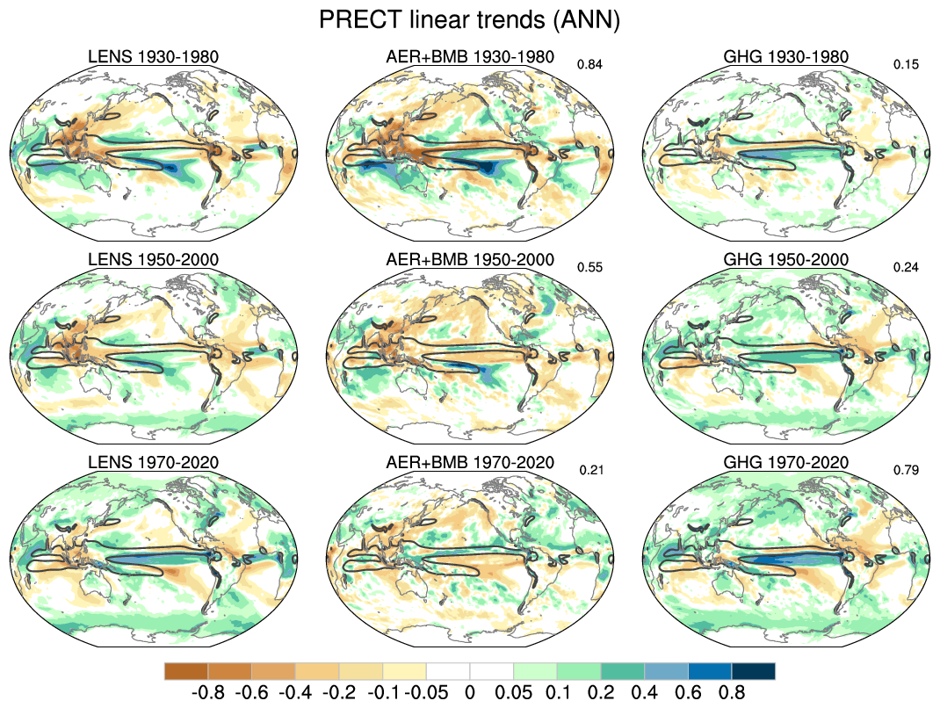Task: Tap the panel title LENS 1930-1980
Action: click(x=154, y=57)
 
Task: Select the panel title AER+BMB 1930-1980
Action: click(x=470, y=57)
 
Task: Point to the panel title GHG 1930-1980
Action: click(x=786, y=57)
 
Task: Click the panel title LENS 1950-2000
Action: click(x=154, y=260)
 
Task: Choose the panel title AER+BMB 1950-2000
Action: click(x=470, y=260)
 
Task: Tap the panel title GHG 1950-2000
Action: click(x=786, y=260)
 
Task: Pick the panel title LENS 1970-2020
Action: click(x=154, y=463)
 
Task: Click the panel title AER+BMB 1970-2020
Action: click(x=470, y=463)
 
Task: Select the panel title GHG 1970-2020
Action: click(x=786, y=463)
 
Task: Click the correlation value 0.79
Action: click(x=906, y=470)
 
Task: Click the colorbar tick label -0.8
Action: click(x=207, y=692)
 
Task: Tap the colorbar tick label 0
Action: click(x=470, y=692)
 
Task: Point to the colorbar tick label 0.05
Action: click(x=513, y=692)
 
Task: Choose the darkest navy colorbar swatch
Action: click(x=754, y=671)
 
